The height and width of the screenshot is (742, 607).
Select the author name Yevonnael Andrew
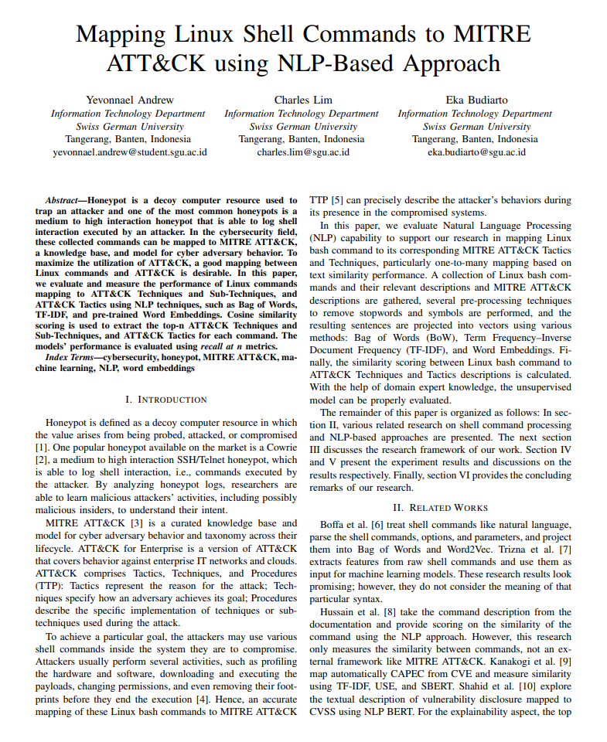130,100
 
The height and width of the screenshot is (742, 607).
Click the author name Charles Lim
303,100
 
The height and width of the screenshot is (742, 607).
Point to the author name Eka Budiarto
476,100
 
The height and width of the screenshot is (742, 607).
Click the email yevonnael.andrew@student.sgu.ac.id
130,152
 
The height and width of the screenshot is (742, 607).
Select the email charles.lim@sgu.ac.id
303,152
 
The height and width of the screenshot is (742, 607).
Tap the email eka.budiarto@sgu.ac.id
476,152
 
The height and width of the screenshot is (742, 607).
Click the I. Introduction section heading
165,400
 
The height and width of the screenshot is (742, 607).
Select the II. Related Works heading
440,508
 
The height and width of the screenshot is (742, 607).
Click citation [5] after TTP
337,200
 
